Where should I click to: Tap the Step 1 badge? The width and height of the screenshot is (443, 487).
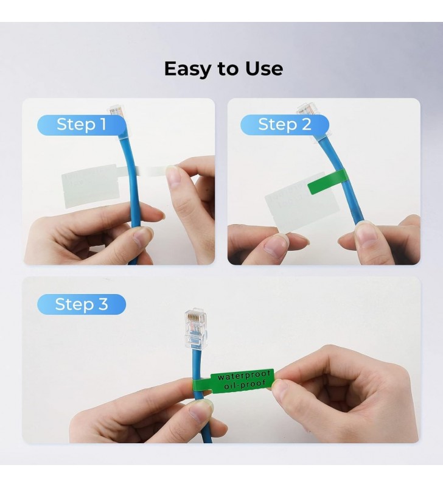(82, 125)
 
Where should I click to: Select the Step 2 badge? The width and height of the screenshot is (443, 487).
(285, 125)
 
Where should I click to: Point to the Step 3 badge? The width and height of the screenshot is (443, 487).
(82, 304)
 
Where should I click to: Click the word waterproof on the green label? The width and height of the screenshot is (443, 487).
(244, 376)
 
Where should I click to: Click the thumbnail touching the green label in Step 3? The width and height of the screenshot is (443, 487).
(281, 388)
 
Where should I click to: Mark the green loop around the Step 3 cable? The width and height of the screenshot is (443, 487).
(202, 386)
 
